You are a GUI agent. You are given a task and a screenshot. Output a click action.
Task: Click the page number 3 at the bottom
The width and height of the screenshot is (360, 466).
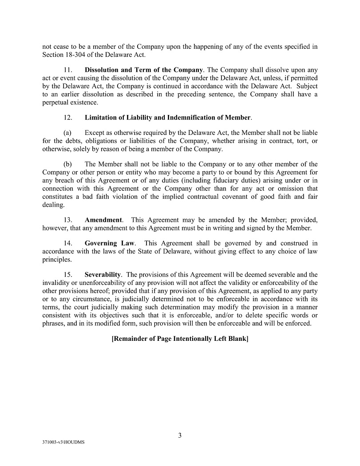(x=180, y=435)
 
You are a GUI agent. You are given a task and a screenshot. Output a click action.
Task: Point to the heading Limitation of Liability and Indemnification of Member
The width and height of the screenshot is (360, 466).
(x=168, y=118)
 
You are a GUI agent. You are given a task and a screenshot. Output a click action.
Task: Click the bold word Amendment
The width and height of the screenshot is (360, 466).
(x=103, y=220)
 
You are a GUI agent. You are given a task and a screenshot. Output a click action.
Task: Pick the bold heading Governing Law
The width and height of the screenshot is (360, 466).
(x=110, y=243)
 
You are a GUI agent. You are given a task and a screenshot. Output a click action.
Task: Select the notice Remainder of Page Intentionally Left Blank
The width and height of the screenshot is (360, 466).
(x=180, y=339)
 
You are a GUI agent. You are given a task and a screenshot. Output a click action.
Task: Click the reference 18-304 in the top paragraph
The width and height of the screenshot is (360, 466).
(x=77, y=55)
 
